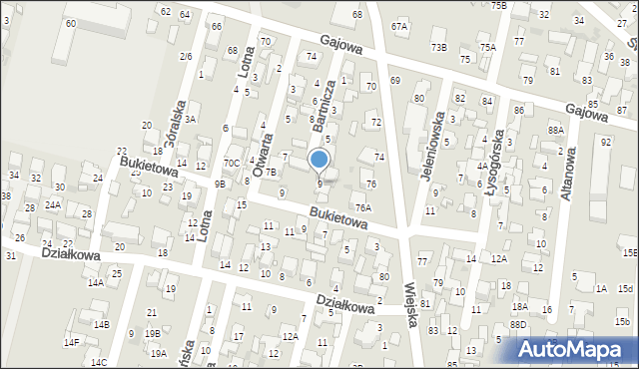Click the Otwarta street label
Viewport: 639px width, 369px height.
[263, 154]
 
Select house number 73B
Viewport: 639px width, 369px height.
[438, 47]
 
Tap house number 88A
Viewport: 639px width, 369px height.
[556, 130]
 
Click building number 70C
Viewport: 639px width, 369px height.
[231, 163]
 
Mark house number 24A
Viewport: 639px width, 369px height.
[52, 204]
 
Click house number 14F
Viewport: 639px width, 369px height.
[71, 342]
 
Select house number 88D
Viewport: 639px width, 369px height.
[517, 324]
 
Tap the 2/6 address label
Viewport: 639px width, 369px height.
[186, 56]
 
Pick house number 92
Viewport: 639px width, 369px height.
[605, 142]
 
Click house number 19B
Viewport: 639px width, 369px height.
[152, 333]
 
